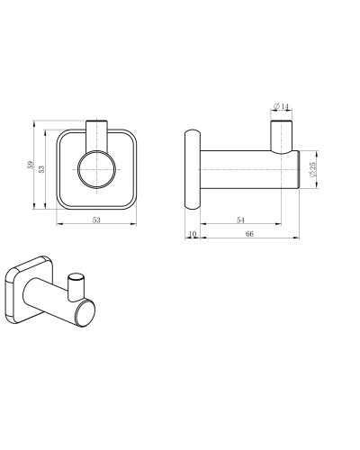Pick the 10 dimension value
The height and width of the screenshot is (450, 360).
click(192, 235)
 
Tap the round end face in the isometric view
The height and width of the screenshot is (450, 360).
click(86, 315)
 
